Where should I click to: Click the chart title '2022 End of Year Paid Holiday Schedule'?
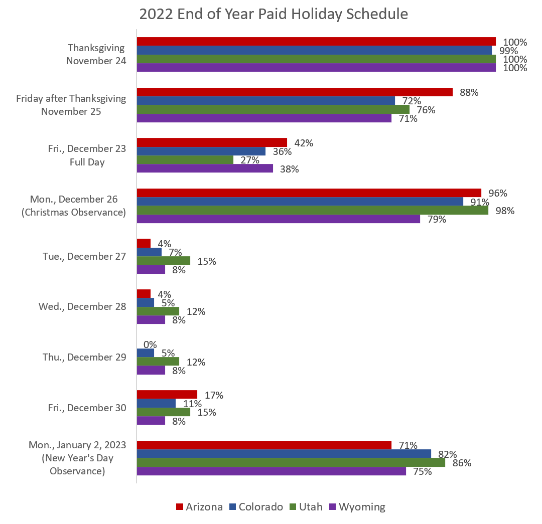click(x=274, y=14)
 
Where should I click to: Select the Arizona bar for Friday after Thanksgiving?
click(x=295, y=92)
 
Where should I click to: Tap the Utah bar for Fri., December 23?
click(x=185, y=160)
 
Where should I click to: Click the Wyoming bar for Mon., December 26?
click(x=278, y=219)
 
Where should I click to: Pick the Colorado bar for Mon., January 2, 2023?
click(x=284, y=454)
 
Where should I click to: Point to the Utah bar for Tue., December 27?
click(x=163, y=261)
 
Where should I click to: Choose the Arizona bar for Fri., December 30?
click(x=167, y=395)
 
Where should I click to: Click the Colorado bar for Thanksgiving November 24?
click(x=314, y=50)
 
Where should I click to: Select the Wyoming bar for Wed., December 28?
click(x=151, y=320)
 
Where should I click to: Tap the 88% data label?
click(x=469, y=92)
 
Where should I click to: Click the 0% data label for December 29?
click(x=150, y=344)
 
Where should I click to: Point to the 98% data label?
click(x=505, y=211)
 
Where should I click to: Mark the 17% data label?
click(x=214, y=395)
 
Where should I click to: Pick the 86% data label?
click(x=462, y=463)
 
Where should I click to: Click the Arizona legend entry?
click(x=199, y=507)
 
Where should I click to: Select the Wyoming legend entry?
click(x=357, y=507)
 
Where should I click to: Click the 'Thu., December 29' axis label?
click(x=82, y=357)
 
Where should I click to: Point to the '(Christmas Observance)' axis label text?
click(x=73, y=212)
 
